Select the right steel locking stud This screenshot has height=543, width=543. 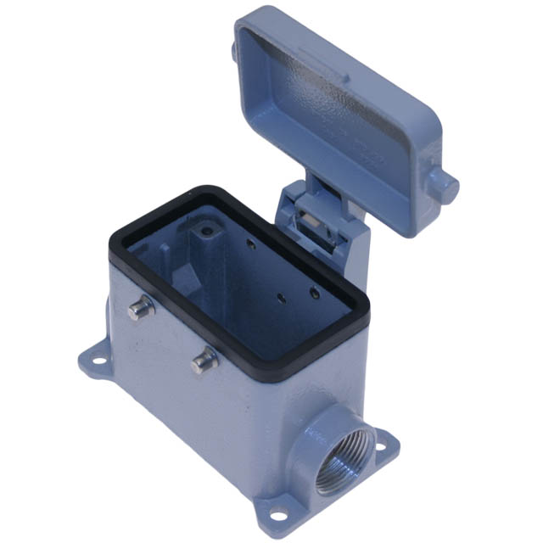204,360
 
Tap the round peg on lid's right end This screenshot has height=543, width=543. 443,184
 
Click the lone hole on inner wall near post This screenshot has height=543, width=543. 252,245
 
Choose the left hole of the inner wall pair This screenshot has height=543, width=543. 283,299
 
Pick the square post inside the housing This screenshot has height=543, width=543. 204,255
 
